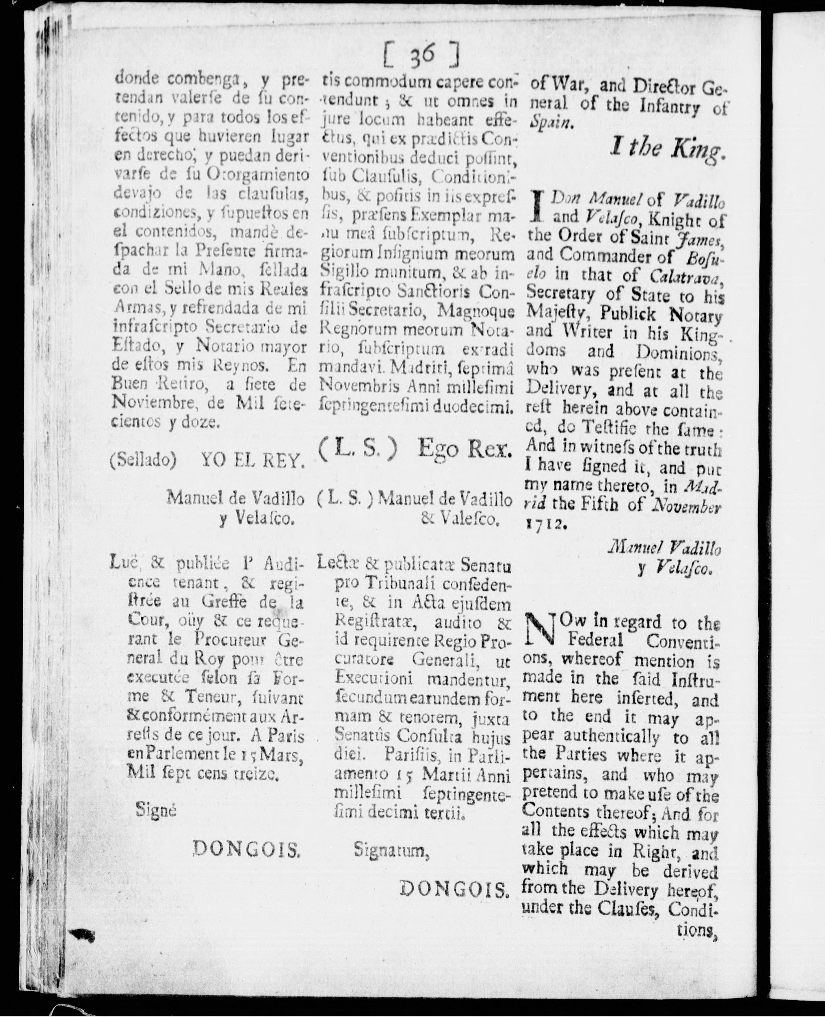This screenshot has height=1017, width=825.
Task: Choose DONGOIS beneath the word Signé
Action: (x=247, y=849)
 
